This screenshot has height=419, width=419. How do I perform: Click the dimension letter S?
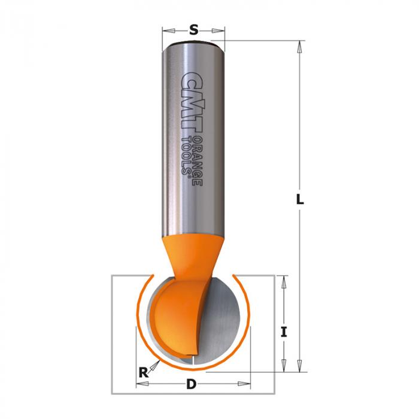tap(194, 30)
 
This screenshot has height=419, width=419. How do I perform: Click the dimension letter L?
tap(300, 199)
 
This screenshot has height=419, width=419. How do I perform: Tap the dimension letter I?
tap(284, 332)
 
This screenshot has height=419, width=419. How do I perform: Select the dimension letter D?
tap(191, 384)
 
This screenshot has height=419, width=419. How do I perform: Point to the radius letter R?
tap(144, 372)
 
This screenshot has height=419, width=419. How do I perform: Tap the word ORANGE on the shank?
tap(198, 161)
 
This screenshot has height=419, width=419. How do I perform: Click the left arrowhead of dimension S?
tap(169, 31)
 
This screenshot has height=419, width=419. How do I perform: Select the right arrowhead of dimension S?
tap(218, 31)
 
